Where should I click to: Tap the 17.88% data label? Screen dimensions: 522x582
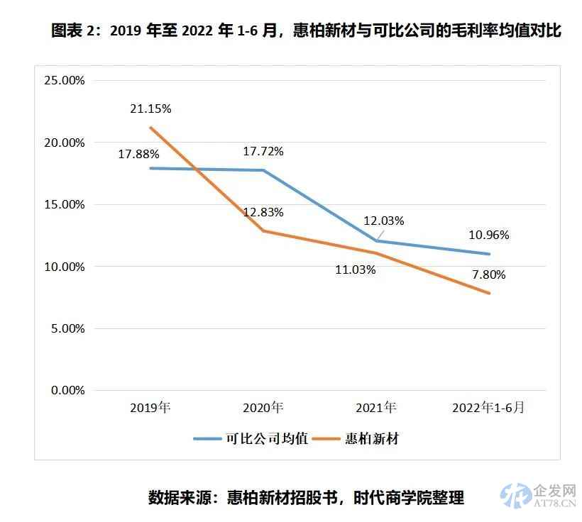(x=138, y=153)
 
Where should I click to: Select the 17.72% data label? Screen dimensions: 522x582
(x=263, y=151)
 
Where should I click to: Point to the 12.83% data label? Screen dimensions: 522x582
(x=263, y=212)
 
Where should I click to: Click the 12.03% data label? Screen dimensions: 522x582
(x=383, y=221)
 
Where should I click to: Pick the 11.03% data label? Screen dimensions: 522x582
(x=356, y=270)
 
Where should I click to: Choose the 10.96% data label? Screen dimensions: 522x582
(x=488, y=235)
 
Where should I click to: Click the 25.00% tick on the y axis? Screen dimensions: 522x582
(x=65, y=80)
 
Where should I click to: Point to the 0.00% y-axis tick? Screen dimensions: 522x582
(x=67, y=390)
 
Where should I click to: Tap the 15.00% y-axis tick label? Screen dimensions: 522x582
(x=65, y=204)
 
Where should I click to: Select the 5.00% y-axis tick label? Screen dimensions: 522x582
(x=67, y=328)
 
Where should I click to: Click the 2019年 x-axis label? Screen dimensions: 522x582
(x=150, y=408)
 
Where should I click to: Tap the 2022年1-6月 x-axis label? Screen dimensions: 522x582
(x=489, y=408)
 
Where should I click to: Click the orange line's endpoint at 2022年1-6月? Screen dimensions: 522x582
(x=489, y=293)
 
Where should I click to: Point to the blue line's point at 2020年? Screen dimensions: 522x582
(x=263, y=170)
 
